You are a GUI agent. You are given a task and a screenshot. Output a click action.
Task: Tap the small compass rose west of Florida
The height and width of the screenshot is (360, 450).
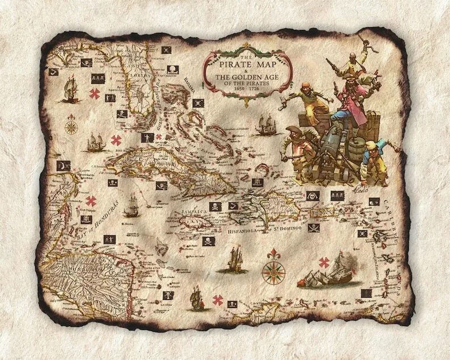tap(71, 125)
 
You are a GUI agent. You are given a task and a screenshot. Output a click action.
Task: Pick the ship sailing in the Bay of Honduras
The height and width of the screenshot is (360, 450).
tap(131, 205)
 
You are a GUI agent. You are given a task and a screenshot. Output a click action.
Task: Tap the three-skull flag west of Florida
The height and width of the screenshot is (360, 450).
tap(87, 63)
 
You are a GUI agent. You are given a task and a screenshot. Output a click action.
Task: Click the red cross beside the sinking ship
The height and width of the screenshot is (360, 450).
tap(324, 262)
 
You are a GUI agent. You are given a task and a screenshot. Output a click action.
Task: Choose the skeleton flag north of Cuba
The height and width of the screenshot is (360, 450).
tap(147, 138)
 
